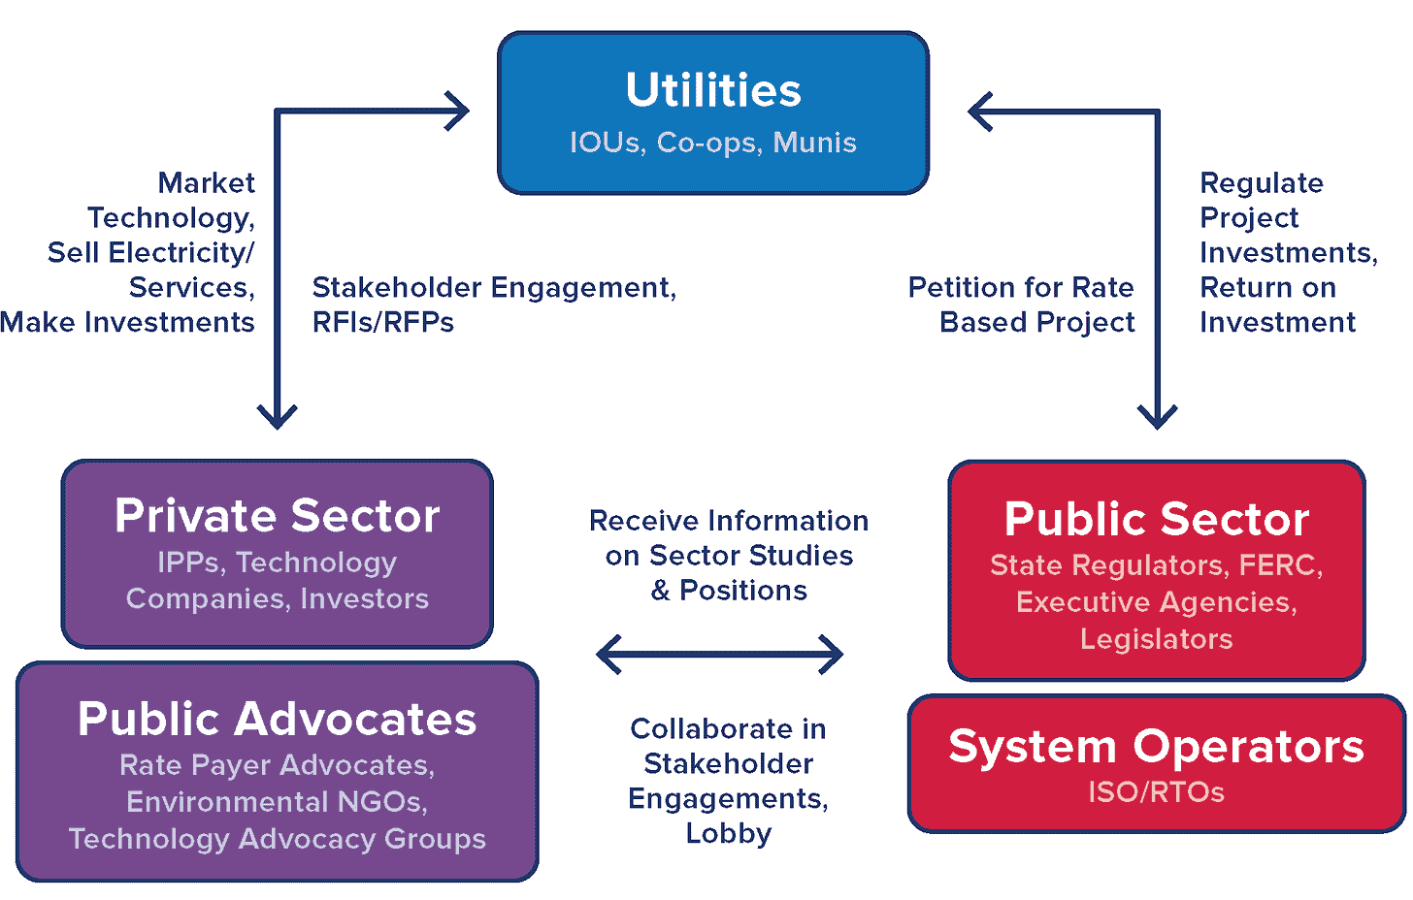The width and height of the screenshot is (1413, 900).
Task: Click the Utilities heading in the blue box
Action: pos(713,90)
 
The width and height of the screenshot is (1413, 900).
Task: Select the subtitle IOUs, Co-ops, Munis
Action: pos(713,143)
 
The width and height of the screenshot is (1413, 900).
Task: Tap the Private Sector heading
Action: pos(278,515)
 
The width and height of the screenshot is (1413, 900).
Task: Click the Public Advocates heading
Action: pos(278,719)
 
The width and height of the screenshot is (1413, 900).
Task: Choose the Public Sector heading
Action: pos(1157,519)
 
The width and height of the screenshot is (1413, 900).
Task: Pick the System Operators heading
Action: pos(1157,746)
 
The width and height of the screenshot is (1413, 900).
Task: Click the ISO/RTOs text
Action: pos(1157,792)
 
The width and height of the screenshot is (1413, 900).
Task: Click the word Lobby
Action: pos(729,833)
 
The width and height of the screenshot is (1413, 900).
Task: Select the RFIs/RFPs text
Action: pos(383,322)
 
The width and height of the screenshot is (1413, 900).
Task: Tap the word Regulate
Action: pos(1262,182)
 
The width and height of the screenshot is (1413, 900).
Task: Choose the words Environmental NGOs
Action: pos(278,802)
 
